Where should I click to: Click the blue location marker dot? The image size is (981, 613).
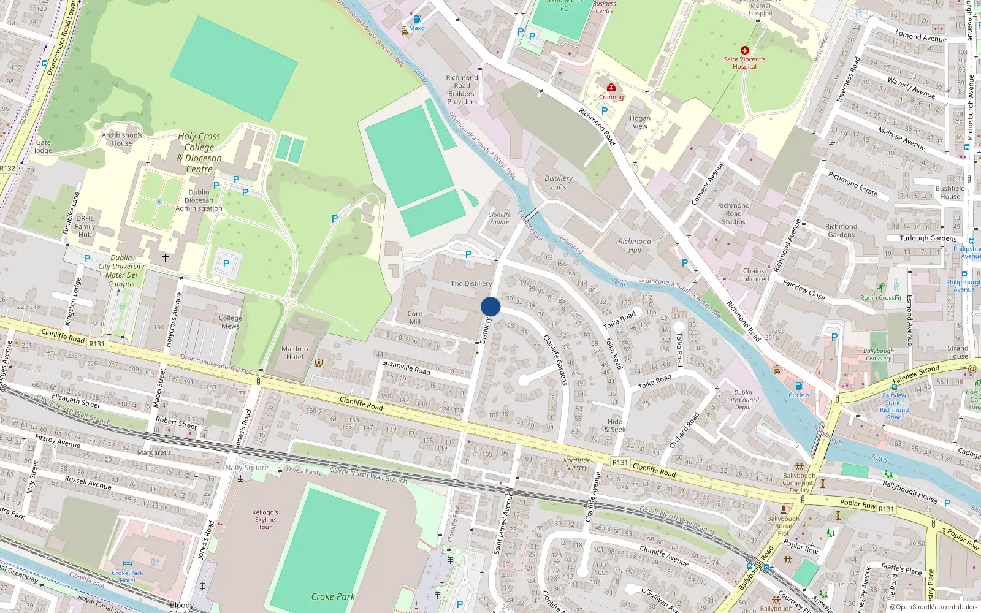coord(490,306)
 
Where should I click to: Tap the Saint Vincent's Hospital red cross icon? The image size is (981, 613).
coord(744,50)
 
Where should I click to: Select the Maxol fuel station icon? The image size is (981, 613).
coord(417,20)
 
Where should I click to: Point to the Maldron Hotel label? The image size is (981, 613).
coord(295,352)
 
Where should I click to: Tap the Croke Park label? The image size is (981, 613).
coord(333,596)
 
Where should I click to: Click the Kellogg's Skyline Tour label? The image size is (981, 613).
coord(265,520)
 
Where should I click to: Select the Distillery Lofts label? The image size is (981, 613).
coord(559,183)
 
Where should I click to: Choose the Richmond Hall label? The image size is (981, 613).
coord(635,246)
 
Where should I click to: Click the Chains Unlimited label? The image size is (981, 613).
coord(754,275)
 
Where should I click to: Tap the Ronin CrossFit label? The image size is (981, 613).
coord(881,298)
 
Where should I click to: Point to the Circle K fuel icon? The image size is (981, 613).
coord(799,386)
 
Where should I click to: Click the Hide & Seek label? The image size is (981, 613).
coord(616,425)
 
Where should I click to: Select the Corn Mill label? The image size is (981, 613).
coord(415,318)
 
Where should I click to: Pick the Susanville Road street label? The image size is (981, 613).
coord(406,367)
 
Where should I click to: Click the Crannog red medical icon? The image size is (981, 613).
coord(611,88)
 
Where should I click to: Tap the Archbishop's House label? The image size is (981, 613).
coord(122,139)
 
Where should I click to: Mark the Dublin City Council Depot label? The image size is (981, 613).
coord(743,400)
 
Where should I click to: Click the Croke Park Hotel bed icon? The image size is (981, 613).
coord(127,563)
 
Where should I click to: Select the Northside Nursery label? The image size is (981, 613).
coord(576,464)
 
